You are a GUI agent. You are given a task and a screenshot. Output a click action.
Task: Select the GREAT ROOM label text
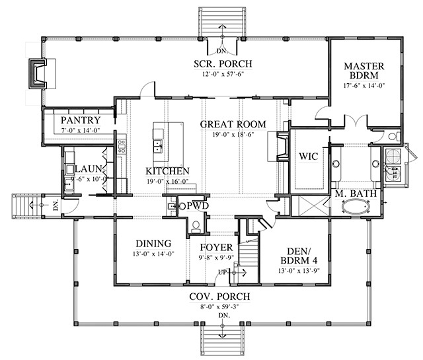tap(233, 124)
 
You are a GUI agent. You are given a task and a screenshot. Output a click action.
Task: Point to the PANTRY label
tap(80, 120)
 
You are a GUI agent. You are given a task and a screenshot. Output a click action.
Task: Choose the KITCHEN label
tap(167, 170)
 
